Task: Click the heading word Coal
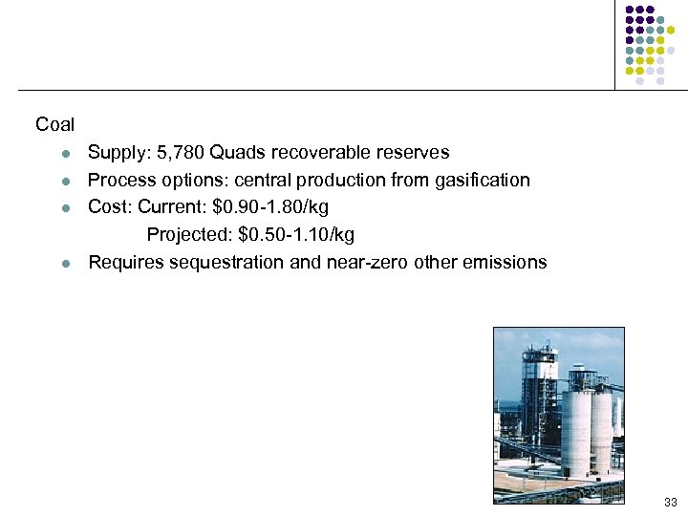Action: [x=54, y=124]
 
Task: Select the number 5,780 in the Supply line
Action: [x=173, y=153]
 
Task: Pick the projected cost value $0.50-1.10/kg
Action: [x=296, y=234]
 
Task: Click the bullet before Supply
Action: [x=64, y=154]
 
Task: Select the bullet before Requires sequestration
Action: [x=64, y=263]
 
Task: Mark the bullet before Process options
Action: [x=64, y=181]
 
